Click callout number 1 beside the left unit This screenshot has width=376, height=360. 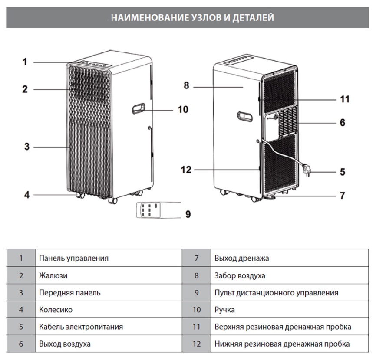25,62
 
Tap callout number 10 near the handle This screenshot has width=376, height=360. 183,109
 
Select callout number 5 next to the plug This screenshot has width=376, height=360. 343,172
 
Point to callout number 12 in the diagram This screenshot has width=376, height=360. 186,170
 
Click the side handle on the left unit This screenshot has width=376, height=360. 138,109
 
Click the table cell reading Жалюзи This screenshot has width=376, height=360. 53,275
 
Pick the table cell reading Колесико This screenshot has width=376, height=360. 56,310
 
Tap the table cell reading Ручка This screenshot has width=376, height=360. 224,310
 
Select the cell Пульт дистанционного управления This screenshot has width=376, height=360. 276,293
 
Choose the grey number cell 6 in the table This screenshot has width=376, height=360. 21,344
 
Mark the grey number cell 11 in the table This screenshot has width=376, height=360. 196,327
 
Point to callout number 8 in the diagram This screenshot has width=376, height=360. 186,86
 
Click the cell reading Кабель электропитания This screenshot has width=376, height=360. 81,327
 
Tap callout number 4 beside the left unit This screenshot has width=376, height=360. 26,195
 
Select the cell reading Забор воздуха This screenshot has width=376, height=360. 240,275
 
